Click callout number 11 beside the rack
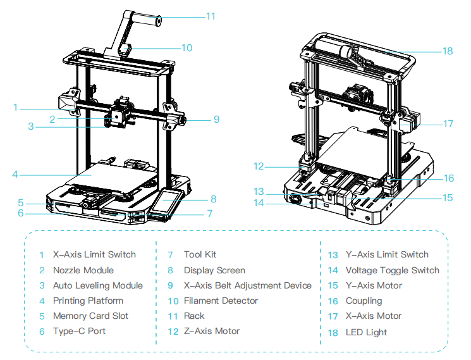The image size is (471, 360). pos(211,16)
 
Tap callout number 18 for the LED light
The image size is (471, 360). pos(448,51)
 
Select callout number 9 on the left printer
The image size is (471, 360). pos(216,118)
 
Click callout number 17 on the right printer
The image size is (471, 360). pos(448,124)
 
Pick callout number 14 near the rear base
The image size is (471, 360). pos(259,202)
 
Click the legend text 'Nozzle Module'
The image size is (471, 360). pos(83,270)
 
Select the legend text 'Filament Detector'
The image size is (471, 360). pos(221,301)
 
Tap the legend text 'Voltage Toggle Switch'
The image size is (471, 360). pos(392,270)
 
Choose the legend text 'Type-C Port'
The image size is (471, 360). pos(79,331)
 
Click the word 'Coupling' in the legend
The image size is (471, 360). pos(364,301)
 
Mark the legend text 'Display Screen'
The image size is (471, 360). pos(214,270)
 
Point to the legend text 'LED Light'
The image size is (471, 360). pos(366,332)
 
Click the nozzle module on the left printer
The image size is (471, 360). pos(118,115)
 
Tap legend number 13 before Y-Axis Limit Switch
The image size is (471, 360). pos(333,255)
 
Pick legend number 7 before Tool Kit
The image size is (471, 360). pos(170,255)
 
